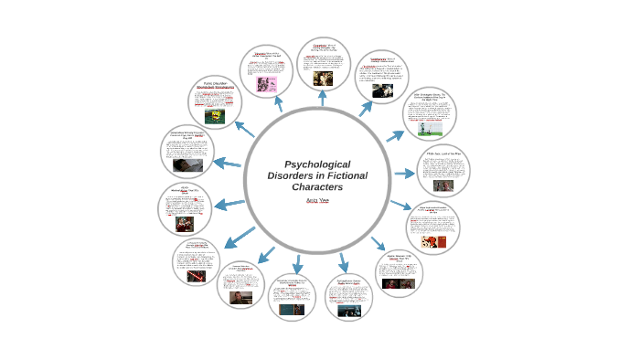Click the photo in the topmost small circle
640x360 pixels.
click(x=323, y=79)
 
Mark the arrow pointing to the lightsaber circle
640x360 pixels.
click(x=240, y=237)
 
